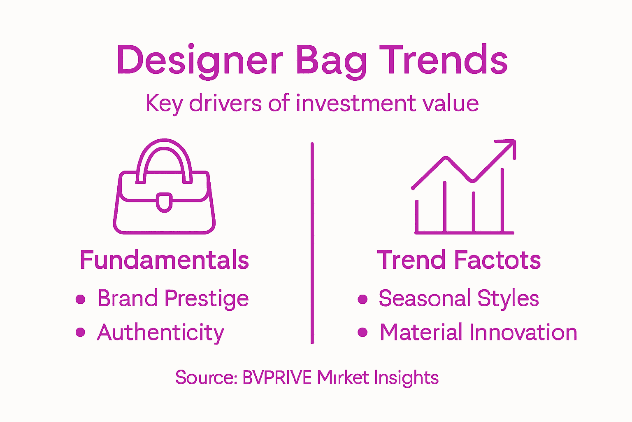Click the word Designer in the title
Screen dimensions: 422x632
[200, 61]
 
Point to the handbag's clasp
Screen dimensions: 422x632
[164, 202]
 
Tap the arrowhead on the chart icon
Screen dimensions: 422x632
[509, 147]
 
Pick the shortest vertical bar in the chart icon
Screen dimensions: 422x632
[417, 216]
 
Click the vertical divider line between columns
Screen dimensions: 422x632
[312, 243]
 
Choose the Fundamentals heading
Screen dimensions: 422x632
[164, 260]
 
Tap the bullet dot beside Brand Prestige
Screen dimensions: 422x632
[81, 299]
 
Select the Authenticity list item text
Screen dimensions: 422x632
[160, 333]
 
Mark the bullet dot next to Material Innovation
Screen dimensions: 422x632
[362, 333]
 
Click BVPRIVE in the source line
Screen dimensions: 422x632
[277, 377]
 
